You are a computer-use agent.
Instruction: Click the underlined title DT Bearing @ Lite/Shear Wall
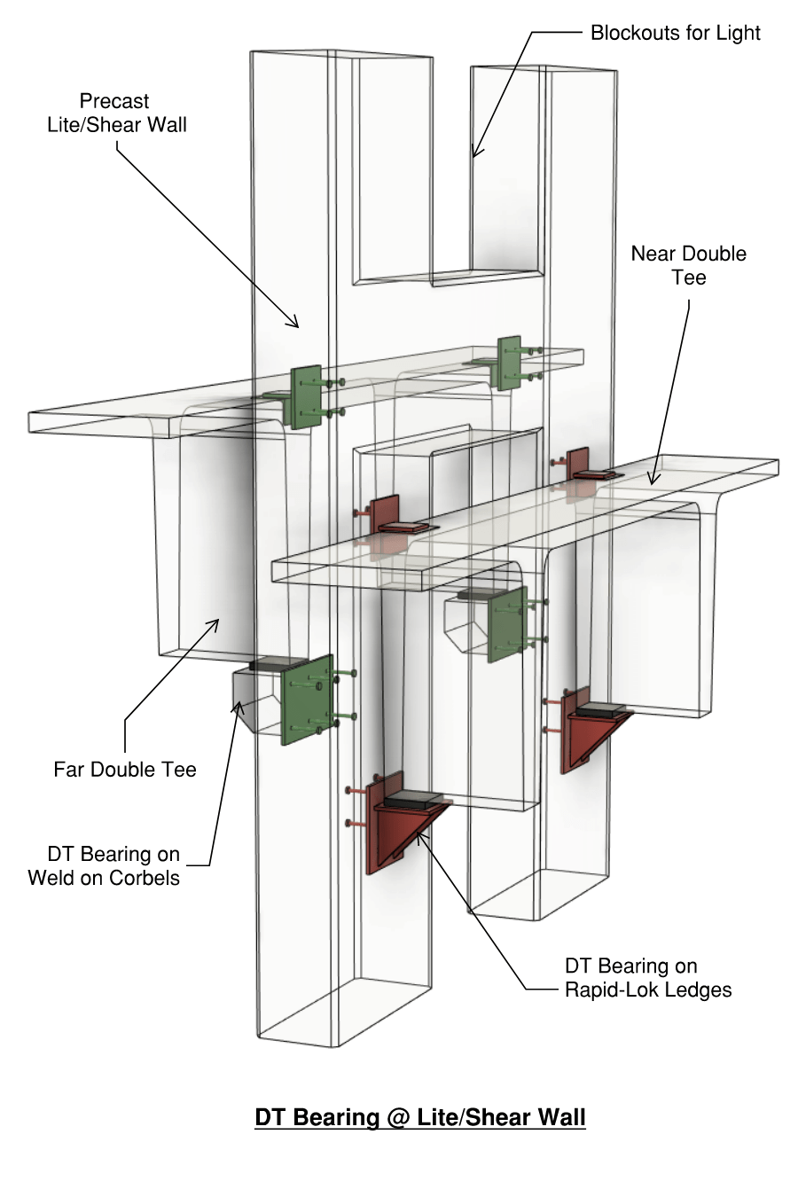coord(419,1117)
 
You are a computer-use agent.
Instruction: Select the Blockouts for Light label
coord(675,33)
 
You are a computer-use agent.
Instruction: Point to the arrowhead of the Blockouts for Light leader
coord(474,156)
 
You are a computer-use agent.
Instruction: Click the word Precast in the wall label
coord(114,101)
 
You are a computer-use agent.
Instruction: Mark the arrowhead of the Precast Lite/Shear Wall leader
coord(298,327)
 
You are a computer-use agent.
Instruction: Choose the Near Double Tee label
coord(688,265)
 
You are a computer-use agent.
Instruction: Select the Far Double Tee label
coord(124,769)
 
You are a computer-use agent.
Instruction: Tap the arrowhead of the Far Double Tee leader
coord(217,620)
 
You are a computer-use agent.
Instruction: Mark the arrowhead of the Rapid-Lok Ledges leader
coord(418,831)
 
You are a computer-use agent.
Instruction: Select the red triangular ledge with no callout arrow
coord(591,732)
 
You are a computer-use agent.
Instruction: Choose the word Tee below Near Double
coord(688,278)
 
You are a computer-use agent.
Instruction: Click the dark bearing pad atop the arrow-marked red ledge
coord(414,800)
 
